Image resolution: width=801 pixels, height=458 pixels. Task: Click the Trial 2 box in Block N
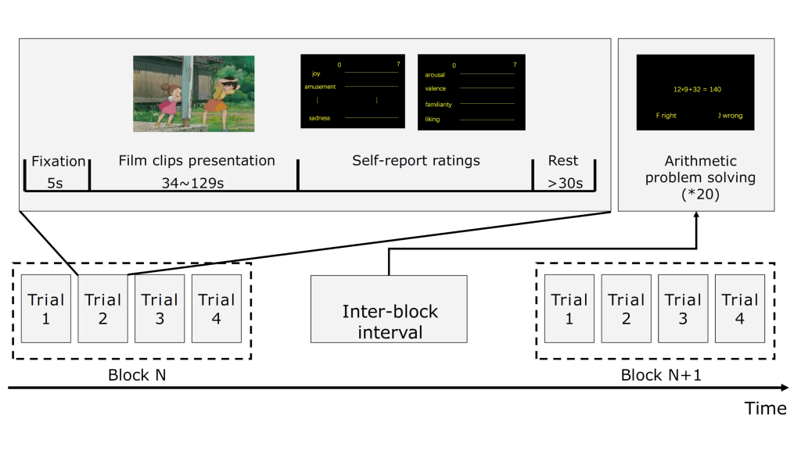click(103, 308)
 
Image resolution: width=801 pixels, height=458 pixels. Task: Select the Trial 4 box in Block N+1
click(740, 308)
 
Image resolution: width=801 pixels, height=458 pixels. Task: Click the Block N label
click(137, 375)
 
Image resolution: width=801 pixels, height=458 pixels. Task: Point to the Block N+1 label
click(661, 375)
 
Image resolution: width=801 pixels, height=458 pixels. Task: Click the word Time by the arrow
click(765, 409)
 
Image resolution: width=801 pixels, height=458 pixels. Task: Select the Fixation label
click(59, 161)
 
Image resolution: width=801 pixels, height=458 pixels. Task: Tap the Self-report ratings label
click(415, 161)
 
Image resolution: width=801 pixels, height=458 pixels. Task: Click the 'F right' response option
click(666, 116)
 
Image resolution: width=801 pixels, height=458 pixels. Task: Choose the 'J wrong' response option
click(730, 116)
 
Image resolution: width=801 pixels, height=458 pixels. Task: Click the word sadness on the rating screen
click(319, 118)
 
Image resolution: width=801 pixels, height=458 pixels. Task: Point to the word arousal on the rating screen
click(435, 75)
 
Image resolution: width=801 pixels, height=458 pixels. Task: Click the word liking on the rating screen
click(433, 120)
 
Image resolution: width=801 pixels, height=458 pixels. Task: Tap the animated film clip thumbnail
click(193, 93)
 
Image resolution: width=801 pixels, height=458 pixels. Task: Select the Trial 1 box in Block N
click(46, 308)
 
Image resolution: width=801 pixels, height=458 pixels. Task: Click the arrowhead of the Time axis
click(785, 387)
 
